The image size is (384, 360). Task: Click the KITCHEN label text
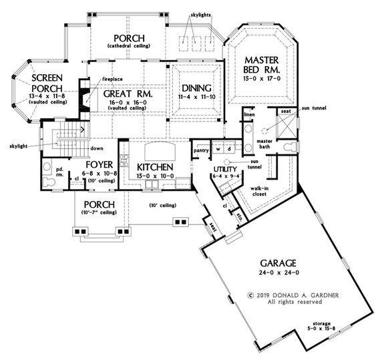coord(156,166)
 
